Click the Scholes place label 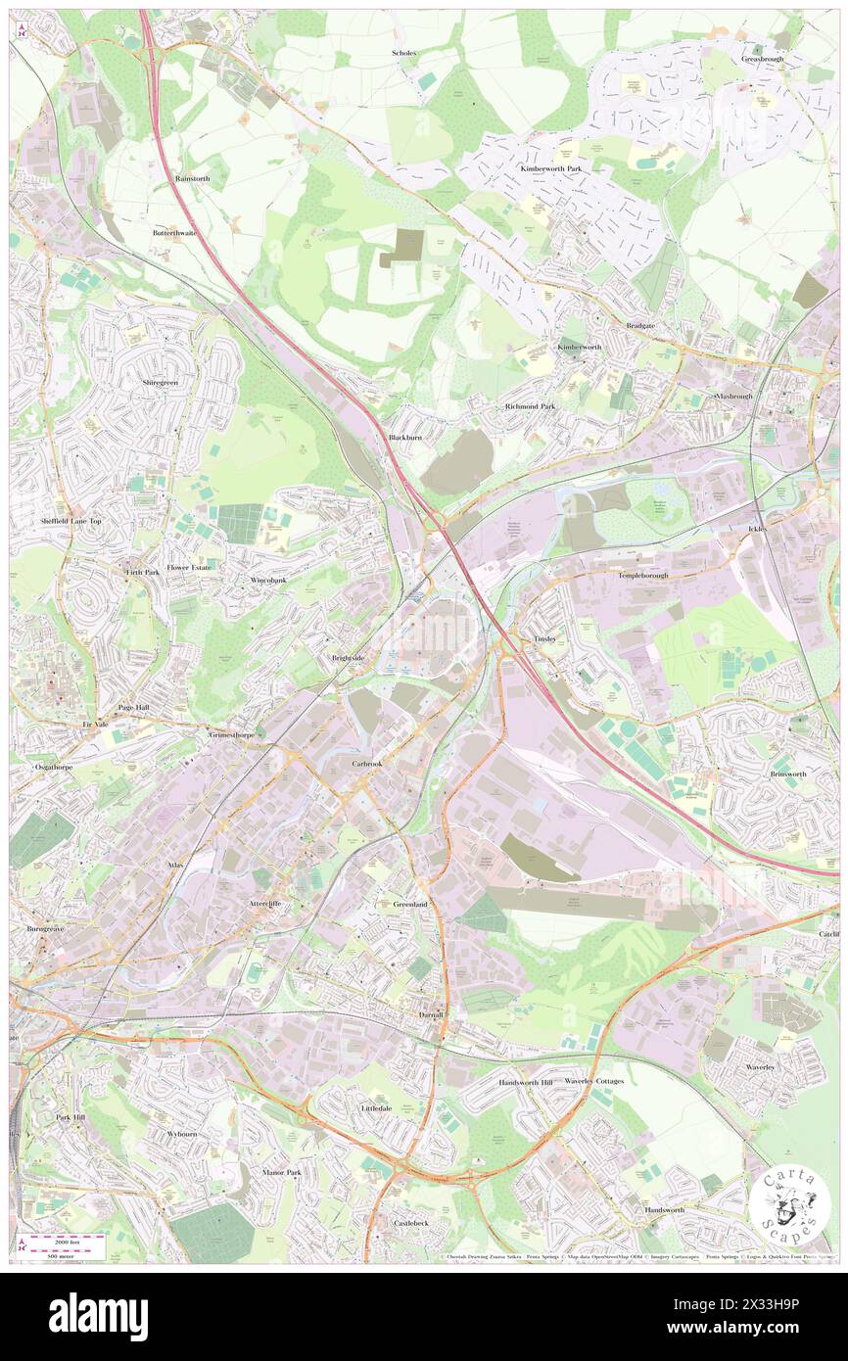tap(403, 53)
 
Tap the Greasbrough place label tap(765, 60)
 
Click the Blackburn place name tap(405, 438)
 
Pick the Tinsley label tap(544, 638)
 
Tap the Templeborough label tap(642, 576)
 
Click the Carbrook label tap(368, 762)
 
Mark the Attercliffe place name tap(265, 903)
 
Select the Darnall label tap(431, 1014)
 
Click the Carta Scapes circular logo tap(791, 1203)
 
